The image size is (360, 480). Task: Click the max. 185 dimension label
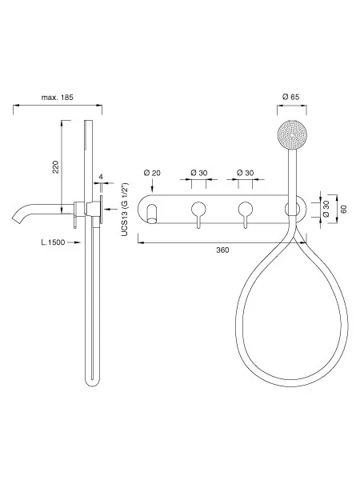coord(58,98)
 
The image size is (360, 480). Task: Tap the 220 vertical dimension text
coord(56,167)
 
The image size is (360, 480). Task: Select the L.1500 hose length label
coord(53,242)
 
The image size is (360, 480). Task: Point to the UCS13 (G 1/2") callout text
coord(125,210)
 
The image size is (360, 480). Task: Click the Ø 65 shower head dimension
coord(291,97)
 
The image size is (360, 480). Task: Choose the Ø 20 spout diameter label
coord(152,173)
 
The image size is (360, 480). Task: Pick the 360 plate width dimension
coord(222,250)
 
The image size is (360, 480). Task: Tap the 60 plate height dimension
coord(344,210)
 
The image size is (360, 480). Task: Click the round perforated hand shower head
coord(292,135)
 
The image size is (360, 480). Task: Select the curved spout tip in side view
coord(15,218)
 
